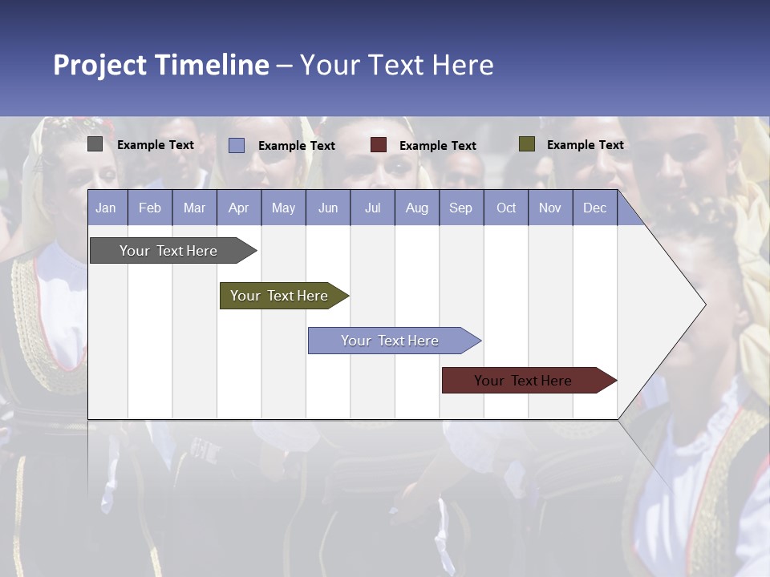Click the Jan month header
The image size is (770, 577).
click(106, 208)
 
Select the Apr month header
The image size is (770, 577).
click(238, 208)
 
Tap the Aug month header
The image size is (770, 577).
click(416, 208)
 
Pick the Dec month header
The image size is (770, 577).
click(594, 208)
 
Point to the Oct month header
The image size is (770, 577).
click(506, 208)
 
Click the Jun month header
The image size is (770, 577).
click(327, 208)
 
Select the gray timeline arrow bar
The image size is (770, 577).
click(169, 251)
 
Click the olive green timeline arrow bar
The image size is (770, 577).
click(280, 296)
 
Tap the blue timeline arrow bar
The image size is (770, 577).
click(391, 341)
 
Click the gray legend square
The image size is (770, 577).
click(95, 144)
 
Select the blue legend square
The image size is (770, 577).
click(236, 145)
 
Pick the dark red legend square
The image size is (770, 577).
click(379, 145)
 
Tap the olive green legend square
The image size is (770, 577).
click(526, 144)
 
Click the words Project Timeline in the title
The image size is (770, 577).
click(160, 65)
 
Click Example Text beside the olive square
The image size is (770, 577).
click(585, 145)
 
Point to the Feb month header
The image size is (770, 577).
click(150, 208)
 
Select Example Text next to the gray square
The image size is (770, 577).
click(156, 145)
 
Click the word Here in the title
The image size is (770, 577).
click(463, 65)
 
